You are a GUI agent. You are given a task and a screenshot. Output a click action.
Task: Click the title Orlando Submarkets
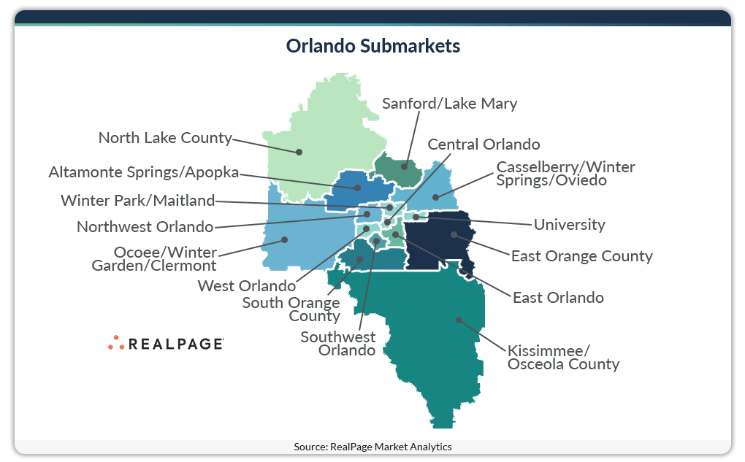(372, 46)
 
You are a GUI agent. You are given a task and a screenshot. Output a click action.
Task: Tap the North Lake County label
(165, 137)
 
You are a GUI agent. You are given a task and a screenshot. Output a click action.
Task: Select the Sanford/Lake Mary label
(449, 103)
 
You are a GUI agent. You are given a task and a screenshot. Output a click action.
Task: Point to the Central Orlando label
(484, 144)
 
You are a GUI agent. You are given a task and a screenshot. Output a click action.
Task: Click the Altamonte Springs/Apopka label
(144, 172)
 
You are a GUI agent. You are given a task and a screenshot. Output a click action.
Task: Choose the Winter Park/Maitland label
(138, 200)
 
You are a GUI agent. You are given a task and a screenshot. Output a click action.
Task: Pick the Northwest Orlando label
(145, 226)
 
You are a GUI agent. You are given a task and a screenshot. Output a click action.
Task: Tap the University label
(569, 224)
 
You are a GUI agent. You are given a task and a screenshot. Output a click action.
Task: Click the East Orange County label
(581, 256)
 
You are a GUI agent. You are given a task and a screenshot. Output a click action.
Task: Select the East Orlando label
(558, 297)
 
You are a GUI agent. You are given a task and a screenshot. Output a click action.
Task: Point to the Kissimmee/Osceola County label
(563, 357)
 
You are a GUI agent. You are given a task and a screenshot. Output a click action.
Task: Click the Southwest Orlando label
(338, 343)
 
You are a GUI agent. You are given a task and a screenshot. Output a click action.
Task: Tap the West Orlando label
(247, 285)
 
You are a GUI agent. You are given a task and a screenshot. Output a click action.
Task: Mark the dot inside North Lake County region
(299, 152)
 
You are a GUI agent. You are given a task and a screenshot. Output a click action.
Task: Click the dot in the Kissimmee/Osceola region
(459, 319)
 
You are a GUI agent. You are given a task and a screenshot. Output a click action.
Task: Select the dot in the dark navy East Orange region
(454, 234)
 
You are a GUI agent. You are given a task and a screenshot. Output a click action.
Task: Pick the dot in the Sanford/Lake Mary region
(405, 166)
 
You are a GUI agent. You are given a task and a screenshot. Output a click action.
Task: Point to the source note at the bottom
(372, 447)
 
